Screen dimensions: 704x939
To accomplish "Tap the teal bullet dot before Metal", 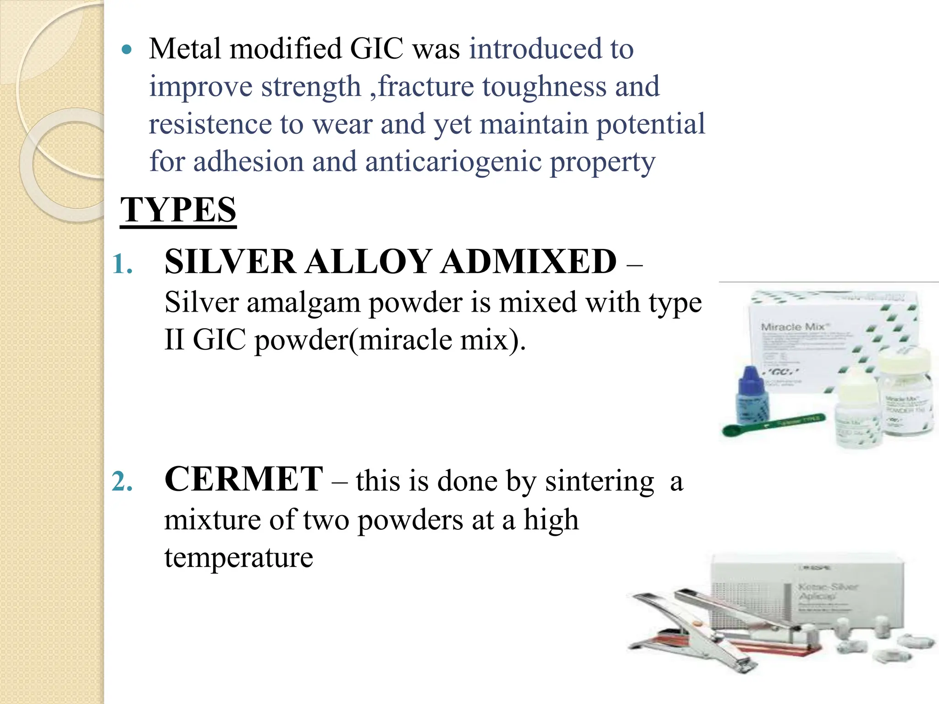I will tap(127, 49).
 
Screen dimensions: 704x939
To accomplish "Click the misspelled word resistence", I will tap(210, 124).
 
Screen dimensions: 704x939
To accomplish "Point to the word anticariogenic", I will tap(453, 162).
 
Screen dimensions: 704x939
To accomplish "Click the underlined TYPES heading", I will tap(178, 210).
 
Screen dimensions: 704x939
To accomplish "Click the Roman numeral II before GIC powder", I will tap(174, 341).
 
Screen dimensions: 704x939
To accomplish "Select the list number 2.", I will tap(122, 482).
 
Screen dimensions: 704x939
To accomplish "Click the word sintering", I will tap(599, 482).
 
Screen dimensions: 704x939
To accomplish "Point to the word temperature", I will tap(238, 558).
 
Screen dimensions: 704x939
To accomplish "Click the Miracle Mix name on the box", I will tap(793, 327).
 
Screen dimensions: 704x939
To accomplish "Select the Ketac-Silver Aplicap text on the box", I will tap(821, 591).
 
